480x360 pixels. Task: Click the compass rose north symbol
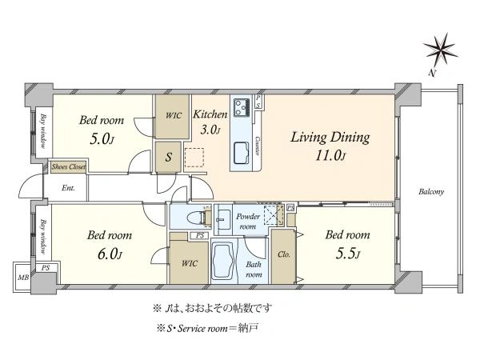click(440, 50)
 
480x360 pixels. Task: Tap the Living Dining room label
click(330, 137)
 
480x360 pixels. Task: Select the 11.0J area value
click(330, 156)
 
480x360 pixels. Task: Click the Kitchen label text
click(210, 114)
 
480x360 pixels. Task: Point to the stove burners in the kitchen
click(242, 107)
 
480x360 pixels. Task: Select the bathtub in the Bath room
click(224, 261)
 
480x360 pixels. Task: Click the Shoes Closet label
click(68, 167)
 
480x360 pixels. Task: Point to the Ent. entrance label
click(68, 188)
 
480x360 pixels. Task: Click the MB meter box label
click(23, 278)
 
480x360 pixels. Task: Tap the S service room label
click(168, 158)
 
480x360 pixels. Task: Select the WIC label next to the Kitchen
click(174, 116)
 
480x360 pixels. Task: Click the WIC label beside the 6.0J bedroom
click(190, 263)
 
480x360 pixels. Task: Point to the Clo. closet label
click(284, 254)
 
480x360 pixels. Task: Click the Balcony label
click(431, 192)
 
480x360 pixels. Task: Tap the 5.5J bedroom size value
click(348, 254)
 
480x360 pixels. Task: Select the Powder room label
click(248, 222)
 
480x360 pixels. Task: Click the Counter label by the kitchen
click(258, 146)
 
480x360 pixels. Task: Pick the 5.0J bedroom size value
click(102, 139)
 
